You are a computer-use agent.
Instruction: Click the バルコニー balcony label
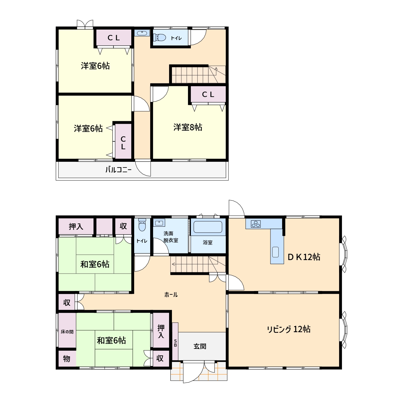tap(118, 170)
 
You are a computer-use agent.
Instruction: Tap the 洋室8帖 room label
tap(188, 127)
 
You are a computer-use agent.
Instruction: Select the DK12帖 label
tap(304, 257)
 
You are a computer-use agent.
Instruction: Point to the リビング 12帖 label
tap(289, 329)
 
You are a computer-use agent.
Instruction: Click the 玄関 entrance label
tap(200, 346)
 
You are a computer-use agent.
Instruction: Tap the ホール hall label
tap(171, 295)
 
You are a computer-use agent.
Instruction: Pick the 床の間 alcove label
tap(67, 332)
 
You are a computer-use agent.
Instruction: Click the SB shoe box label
tap(175, 343)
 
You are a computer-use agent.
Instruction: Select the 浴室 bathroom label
tap(207, 242)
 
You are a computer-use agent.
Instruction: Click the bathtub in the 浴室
tap(208, 227)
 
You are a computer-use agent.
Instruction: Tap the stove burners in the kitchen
tap(256, 224)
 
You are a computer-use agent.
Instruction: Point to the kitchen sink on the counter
tap(275, 252)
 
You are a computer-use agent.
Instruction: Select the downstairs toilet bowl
tap(142, 225)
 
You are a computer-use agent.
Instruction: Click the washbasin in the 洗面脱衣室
tap(159, 223)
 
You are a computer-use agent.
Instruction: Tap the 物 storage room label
tap(67, 359)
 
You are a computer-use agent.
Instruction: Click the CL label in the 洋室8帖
tap(208, 94)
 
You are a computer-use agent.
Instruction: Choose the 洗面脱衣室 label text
tap(171, 237)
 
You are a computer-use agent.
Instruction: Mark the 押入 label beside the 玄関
tap(161, 331)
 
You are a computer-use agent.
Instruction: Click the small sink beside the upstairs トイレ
tap(142, 33)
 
